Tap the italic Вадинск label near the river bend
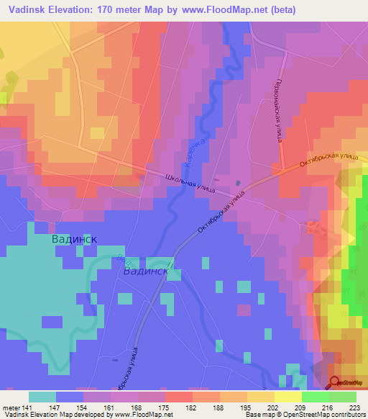click(146, 272)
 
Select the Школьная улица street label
click(192, 180)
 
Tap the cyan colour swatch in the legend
click(42, 397)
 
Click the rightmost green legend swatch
click(342, 397)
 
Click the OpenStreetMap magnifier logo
click(336, 382)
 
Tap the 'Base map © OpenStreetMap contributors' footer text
click(305, 415)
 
